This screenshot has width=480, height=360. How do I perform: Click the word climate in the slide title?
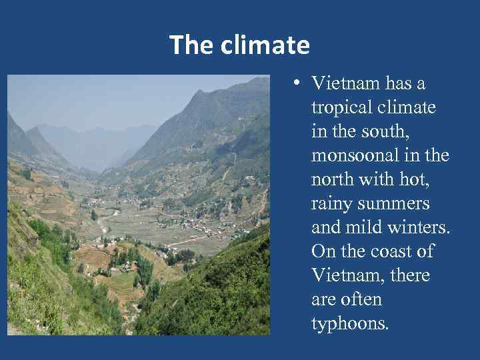[271, 45]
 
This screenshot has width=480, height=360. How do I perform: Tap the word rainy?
[332, 204]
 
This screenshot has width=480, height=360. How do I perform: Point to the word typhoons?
[350, 324]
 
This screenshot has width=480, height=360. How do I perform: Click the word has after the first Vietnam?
[395, 85]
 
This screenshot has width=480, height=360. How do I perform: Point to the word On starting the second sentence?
[322, 252]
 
